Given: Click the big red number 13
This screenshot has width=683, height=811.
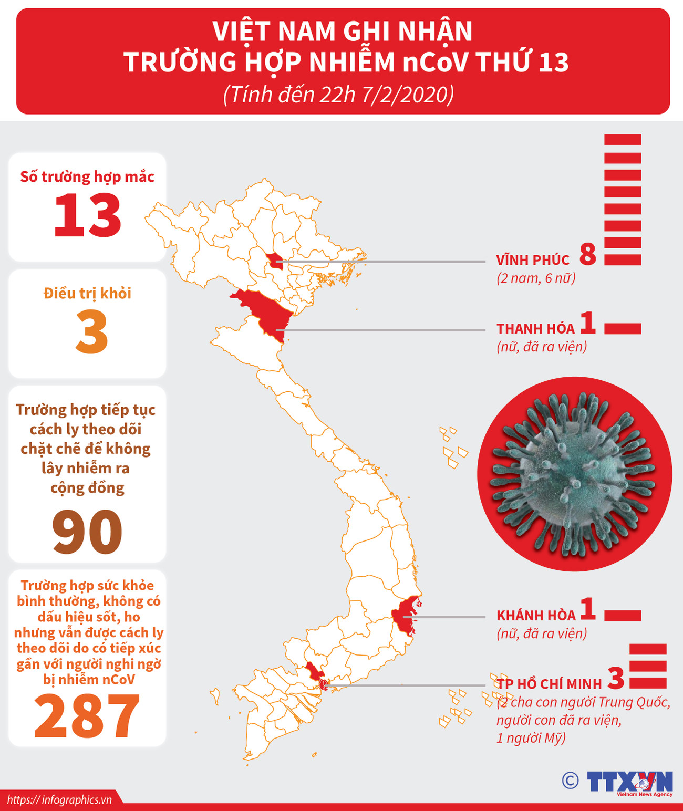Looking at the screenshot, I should pyautogui.click(x=87, y=215).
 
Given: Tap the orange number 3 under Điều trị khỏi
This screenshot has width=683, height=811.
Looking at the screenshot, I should pyautogui.click(x=92, y=332).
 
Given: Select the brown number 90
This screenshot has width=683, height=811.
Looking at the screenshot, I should pyautogui.click(x=87, y=532).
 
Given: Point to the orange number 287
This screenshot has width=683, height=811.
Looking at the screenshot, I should pyautogui.click(x=87, y=716).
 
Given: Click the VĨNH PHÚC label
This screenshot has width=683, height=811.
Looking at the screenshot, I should pyautogui.click(x=532, y=260).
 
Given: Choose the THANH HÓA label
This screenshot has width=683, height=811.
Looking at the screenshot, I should pyautogui.click(x=535, y=329).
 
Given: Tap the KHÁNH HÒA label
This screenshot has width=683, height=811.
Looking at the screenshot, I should pyautogui.click(x=536, y=616).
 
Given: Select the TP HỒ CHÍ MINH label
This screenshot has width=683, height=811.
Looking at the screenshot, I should pyautogui.click(x=550, y=684).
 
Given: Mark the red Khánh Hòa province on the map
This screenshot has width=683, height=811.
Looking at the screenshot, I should pyautogui.click(x=406, y=616).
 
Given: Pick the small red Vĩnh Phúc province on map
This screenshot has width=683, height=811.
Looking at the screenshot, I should pyautogui.click(x=274, y=260).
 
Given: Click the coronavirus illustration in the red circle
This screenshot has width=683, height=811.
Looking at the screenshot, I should pyautogui.click(x=574, y=474).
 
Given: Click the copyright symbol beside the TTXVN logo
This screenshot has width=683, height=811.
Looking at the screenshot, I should pyautogui.click(x=570, y=781).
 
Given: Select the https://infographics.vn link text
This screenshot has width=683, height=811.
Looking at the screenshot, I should pyautogui.click(x=59, y=800).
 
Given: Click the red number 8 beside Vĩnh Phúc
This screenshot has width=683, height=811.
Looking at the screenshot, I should pyautogui.click(x=588, y=254).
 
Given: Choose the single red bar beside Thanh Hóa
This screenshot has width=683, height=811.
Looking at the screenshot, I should pyautogui.click(x=623, y=329).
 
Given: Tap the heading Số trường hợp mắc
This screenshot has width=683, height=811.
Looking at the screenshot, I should pyautogui.click(x=87, y=176).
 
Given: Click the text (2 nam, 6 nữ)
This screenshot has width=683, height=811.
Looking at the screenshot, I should pyautogui.click(x=536, y=278).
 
